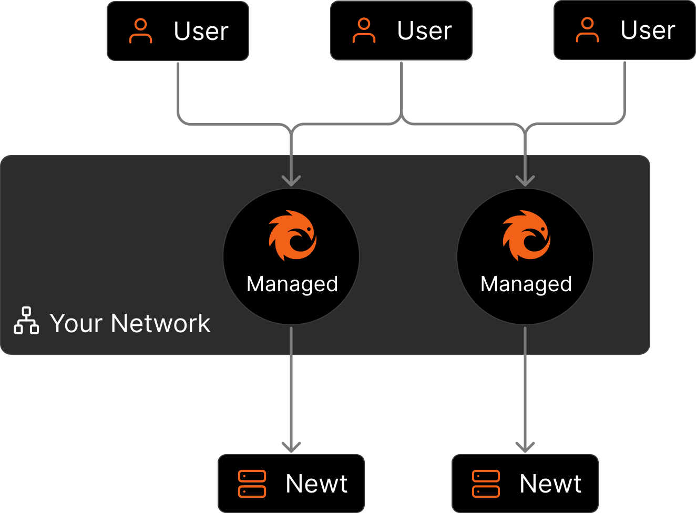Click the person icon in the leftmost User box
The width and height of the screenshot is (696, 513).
pos(140,31)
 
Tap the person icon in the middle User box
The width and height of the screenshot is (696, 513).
pos(364,30)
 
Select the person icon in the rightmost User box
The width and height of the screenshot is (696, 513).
pos(587,30)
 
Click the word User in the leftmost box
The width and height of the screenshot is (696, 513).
pos(201,32)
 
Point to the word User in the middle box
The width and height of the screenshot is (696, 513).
pos(424,31)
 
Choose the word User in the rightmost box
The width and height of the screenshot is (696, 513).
pos(648,30)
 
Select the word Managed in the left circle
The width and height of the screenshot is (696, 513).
pos(292,284)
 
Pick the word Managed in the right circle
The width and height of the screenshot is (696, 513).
pos(526,284)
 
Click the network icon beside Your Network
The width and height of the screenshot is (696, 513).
pos(26,321)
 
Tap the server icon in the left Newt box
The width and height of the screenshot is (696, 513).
pos(252,484)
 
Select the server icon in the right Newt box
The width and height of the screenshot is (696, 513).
pos(486,484)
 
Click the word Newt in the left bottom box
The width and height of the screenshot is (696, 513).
pos(316,484)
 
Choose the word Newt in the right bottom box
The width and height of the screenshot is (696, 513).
pos(550,484)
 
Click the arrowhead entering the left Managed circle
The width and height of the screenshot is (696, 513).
pos(291,181)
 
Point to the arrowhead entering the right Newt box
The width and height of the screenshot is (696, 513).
pos(525,447)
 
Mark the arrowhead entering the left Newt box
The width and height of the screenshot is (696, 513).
pos(291,447)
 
